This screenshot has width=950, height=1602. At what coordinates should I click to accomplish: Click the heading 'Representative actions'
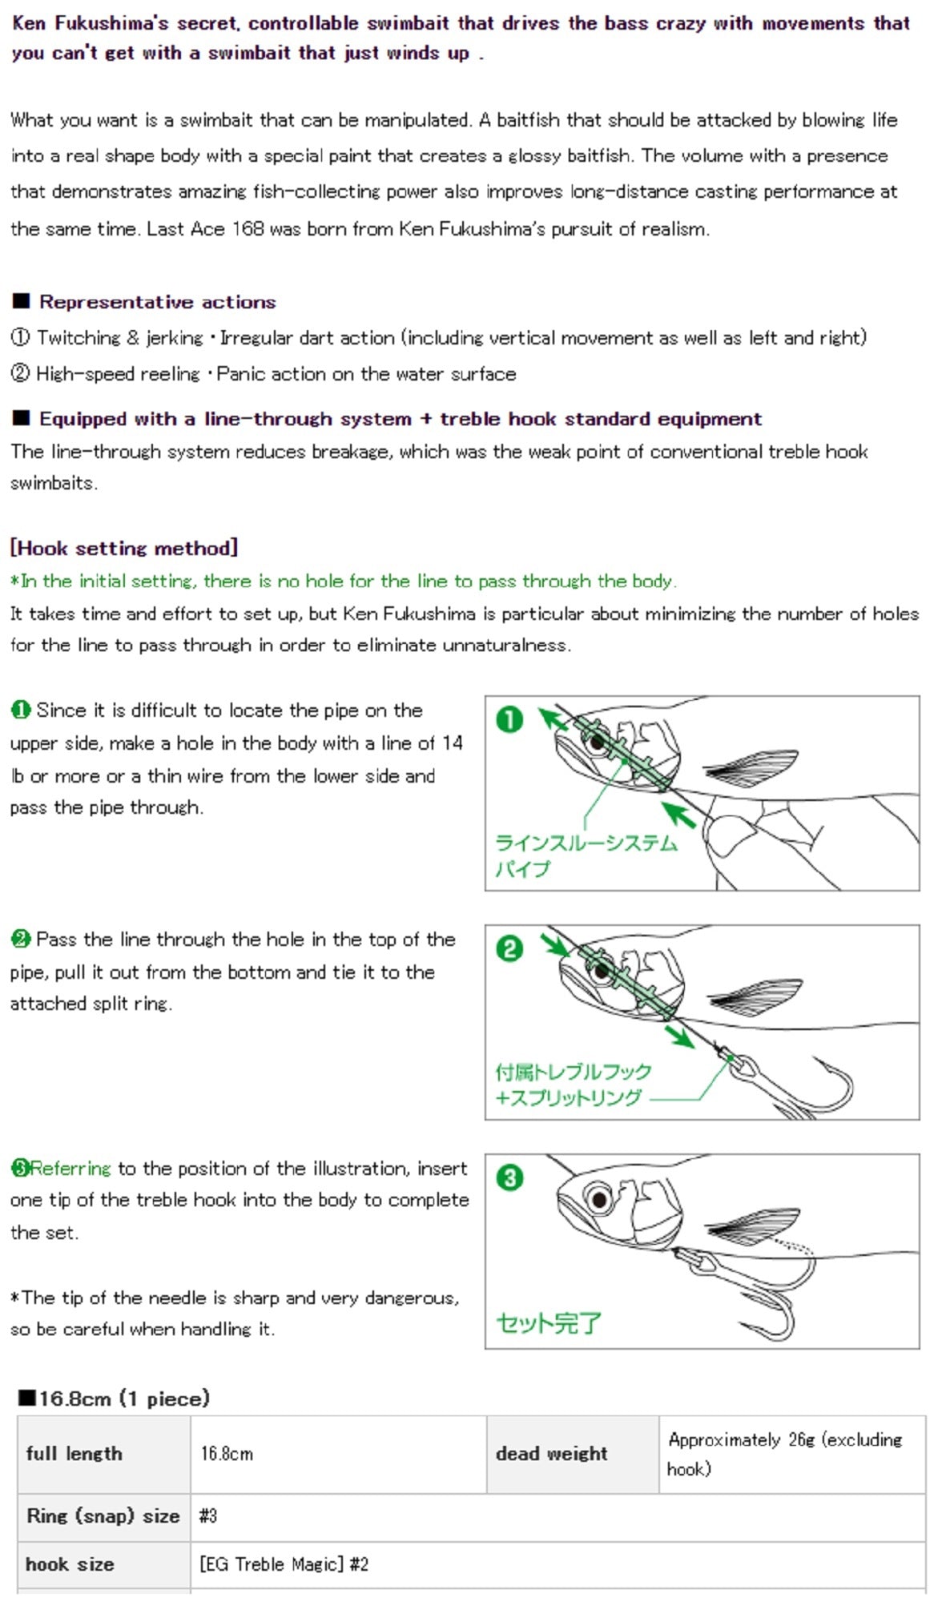157,302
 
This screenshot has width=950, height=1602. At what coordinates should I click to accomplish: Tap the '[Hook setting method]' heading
124,548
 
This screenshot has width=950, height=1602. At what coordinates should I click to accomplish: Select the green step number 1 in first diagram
509,719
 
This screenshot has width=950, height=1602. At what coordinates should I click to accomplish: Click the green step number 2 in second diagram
509,949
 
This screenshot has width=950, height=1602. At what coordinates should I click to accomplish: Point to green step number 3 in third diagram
509,1177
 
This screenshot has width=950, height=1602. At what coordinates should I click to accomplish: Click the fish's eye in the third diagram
598,1199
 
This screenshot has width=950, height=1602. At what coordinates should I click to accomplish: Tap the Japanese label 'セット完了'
548,1322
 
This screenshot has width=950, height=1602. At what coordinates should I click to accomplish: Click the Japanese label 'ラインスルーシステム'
586,843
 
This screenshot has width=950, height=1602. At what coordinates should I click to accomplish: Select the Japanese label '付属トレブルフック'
574,1072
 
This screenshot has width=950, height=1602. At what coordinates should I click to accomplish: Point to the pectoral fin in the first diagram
753,767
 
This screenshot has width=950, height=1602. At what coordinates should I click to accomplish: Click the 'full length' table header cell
74,1454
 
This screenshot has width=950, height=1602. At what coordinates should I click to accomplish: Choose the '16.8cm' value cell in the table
227,1454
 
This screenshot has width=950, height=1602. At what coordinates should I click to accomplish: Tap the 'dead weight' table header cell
552,1454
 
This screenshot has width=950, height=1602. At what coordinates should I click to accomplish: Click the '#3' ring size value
208,1515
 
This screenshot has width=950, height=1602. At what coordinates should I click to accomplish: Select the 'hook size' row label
70,1564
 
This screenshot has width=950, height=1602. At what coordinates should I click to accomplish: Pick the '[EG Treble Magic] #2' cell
284,1564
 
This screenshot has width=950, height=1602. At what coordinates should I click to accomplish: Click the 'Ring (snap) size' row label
103,1515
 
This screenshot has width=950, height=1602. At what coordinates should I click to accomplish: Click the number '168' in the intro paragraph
248,229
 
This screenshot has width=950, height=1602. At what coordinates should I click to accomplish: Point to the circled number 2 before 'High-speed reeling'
20,373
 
